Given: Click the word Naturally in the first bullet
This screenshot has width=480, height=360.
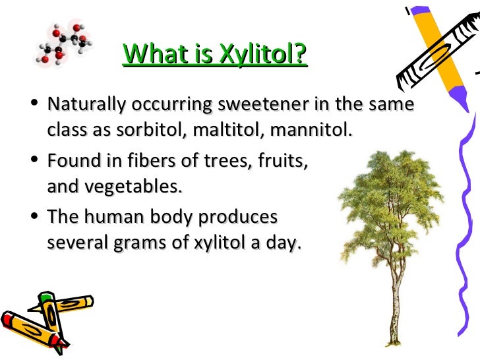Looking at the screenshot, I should [86, 105].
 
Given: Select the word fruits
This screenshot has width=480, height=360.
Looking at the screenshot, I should [282, 162].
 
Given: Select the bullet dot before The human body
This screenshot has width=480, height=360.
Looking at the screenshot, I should [34, 218].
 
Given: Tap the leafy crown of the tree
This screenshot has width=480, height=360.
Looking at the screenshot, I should [389, 198].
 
